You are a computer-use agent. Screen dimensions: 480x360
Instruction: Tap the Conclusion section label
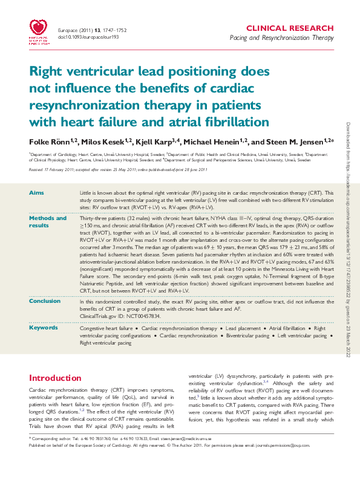(45, 300)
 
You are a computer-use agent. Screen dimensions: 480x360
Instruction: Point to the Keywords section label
(44, 327)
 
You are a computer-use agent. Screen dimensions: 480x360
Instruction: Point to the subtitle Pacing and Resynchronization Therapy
(282, 38)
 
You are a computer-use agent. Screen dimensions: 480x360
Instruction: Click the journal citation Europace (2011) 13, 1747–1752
(94, 28)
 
